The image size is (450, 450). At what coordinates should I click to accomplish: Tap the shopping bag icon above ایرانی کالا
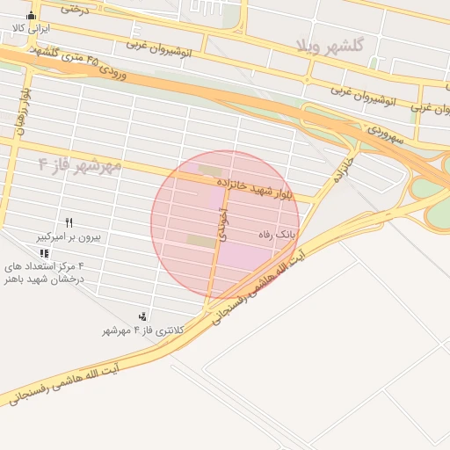[33, 15]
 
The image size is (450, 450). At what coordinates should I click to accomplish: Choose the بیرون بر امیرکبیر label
[69, 236]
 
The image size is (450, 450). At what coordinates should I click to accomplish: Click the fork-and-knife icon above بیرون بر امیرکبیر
[69, 222]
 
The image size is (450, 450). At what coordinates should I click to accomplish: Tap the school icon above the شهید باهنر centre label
[44, 253]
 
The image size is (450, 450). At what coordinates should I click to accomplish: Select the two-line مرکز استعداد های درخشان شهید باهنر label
[45, 272]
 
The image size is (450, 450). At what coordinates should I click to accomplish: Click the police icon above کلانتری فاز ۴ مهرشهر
[142, 316]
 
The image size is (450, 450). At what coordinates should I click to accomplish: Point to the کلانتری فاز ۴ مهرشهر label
[142, 330]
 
